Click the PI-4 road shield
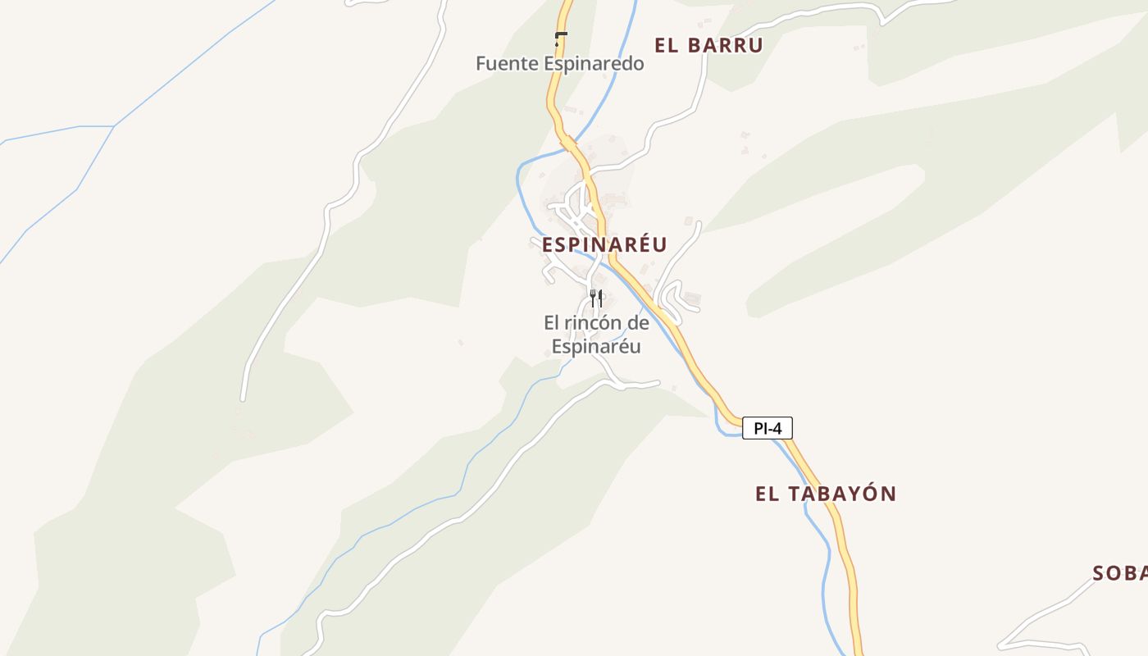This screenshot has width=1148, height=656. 768,428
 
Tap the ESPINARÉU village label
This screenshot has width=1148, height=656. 604,244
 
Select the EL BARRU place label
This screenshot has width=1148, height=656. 708,45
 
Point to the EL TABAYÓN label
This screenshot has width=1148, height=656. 825,494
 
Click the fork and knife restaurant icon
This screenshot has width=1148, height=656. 596,298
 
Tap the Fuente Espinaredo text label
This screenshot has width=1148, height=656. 560,64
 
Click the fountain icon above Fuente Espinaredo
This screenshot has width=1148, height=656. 561,37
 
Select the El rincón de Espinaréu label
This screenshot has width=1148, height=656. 596,335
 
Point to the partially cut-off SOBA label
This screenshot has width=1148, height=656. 1120,572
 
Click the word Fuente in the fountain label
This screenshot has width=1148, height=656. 507,64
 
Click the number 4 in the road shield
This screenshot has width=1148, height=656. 777,428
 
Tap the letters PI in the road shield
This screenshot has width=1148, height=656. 760,428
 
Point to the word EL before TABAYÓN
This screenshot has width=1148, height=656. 766,494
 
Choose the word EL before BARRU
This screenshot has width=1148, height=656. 666,45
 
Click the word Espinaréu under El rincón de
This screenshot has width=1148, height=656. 596,347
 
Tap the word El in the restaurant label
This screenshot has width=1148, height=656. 551,323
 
